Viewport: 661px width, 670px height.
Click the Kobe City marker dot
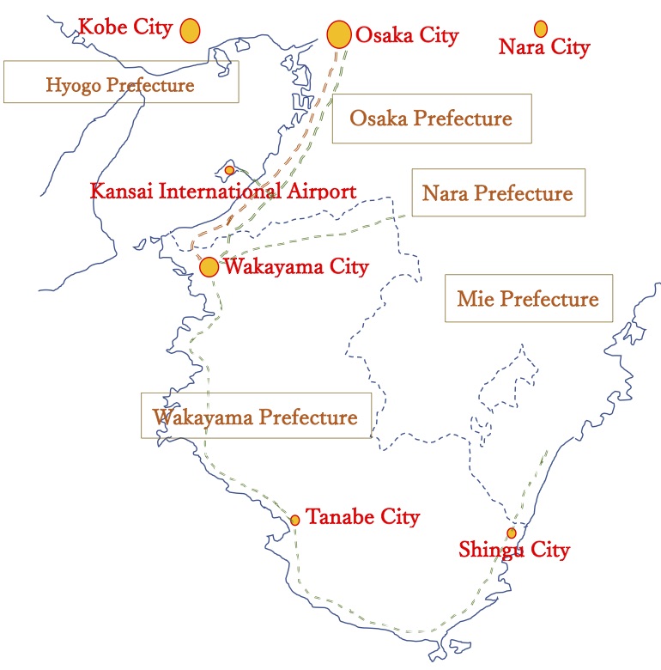click(190, 30)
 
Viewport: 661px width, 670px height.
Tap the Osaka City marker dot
click(340, 34)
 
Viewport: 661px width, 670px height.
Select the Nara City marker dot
click(541, 28)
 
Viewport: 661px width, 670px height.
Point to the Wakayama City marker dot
click(209, 266)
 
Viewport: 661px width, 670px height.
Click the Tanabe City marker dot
click(295, 520)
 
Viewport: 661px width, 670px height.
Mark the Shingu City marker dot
click(512, 533)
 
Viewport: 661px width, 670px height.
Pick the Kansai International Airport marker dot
click(229, 170)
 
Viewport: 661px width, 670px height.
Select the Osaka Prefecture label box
click(431, 119)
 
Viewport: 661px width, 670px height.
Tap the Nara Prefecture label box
click(498, 192)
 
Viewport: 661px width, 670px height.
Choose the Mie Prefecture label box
click(529, 299)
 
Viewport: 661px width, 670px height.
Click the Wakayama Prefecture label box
click(256, 417)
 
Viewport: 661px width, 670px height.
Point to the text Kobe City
click(125, 27)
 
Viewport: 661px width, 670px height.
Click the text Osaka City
click(407, 35)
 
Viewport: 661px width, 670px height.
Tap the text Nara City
click(544, 47)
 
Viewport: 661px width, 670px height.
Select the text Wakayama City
click(296, 266)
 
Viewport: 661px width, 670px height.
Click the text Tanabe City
click(363, 517)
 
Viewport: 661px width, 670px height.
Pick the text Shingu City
click(514, 550)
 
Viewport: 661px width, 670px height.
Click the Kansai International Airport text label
click(223, 191)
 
